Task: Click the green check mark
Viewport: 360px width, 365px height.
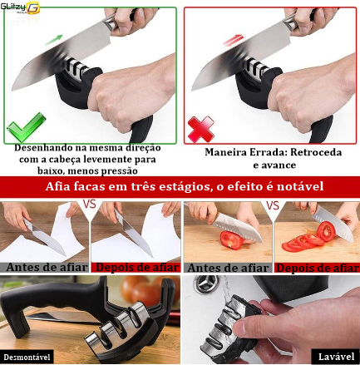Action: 27,127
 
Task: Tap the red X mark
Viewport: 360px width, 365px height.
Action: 201,129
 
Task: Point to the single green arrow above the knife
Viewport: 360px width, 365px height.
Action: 54,40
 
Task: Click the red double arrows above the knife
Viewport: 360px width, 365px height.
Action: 234,41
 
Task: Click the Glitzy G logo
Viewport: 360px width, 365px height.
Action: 20,7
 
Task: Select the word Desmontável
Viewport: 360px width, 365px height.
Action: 27,358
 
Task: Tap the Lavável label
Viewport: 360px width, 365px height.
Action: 336,357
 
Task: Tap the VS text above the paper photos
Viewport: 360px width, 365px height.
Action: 90,205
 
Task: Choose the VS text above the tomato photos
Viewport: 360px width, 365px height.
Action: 273,205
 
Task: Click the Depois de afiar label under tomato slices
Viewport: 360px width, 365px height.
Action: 318,268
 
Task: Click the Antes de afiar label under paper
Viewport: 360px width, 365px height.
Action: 47,267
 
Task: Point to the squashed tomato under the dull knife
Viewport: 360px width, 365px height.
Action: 232,239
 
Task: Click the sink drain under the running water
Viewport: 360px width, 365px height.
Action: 205,284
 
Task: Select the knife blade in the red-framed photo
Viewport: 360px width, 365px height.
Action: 241,57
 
